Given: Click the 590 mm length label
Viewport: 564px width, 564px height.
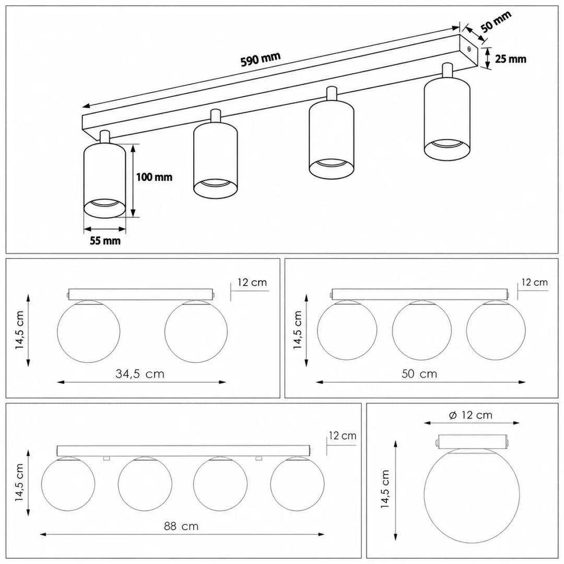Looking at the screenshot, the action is (x=261, y=60).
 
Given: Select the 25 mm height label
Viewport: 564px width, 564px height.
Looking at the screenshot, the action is (x=511, y=59).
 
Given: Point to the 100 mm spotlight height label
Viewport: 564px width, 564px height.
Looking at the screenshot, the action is (x=154, y=177).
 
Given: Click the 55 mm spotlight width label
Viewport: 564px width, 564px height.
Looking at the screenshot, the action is (x=105, y=241).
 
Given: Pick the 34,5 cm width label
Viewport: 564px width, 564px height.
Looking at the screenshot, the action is (x=140, y=374).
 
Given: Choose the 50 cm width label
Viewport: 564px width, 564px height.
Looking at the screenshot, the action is (x=419, y=374).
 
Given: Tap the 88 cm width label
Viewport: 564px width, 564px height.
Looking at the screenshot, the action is (x=181, y=526).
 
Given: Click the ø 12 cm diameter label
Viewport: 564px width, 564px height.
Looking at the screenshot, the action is (x=471, y=415).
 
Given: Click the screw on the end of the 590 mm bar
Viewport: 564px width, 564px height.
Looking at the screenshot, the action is (x=468, y=50).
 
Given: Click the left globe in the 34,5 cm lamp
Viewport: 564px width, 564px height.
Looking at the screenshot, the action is (x=89, y=331).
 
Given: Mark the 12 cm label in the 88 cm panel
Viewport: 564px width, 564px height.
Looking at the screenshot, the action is (x=343, y=436).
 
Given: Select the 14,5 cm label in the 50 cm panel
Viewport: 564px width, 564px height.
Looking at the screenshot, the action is (x=298, y=330).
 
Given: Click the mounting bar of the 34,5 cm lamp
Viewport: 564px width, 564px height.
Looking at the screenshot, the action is (x=140, y=294).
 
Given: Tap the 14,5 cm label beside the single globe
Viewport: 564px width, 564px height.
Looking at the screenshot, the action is (x=385, y=489).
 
